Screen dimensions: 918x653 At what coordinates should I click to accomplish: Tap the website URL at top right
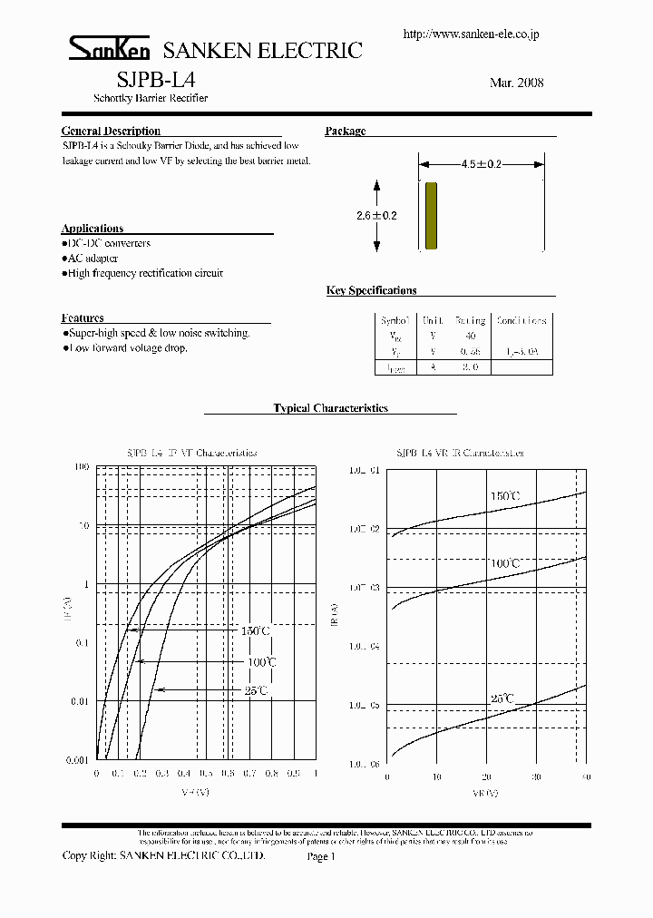click(470, 34)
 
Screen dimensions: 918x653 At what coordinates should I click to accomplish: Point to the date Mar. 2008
click(516, 83)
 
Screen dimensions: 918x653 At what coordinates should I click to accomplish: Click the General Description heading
click(111, 132)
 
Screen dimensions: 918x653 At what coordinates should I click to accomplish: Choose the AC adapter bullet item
click(93, 259)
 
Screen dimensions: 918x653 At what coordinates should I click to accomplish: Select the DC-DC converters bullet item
click(108, 244)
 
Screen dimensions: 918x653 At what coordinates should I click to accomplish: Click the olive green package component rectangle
click(432, 215)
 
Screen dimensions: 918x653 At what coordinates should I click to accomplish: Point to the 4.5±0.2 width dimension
click(481, 165)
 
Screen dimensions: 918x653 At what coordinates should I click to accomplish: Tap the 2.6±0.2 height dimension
click(376, 216)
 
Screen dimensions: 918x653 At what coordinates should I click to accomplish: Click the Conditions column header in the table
click(521, 321)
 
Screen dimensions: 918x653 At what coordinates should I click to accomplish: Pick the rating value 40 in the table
click(470, 336)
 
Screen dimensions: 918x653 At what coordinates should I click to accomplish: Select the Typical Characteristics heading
click(330, 408)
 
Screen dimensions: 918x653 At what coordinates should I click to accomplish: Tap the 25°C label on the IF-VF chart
click(256, 691)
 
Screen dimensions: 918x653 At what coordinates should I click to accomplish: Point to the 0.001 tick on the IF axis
click(78, 760)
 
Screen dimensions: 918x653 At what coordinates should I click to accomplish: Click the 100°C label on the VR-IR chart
click(504, 564)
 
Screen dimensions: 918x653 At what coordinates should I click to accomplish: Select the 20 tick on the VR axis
click(486, 777)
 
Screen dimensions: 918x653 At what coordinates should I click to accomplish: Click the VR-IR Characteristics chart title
click(460, 453)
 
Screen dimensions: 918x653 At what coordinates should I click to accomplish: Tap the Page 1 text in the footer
click(321, 856)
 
